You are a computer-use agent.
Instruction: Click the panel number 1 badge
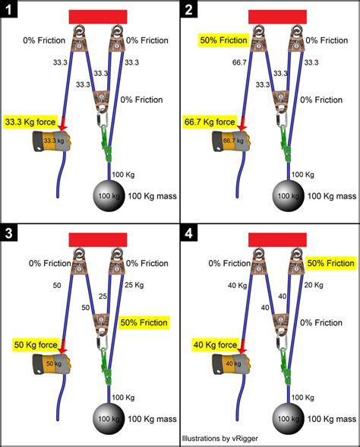click(x=10, y=11)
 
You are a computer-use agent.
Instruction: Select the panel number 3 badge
click(x=10, y=233)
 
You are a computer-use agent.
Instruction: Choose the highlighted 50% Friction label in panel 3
click(x=145, y=322)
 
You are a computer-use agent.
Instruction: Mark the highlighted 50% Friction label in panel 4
click(x=330, y=262)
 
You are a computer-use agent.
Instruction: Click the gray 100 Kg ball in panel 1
click(x=108, y=197)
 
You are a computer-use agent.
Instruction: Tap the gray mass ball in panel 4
click(x=288, y=420)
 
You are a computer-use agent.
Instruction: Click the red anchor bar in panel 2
click(x=277, y=16)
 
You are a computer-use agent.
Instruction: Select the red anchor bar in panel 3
click(x=97, y=239)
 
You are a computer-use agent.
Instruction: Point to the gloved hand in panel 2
click(x=232, y=141)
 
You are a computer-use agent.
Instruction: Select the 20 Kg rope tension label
click(x=314, y=285)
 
